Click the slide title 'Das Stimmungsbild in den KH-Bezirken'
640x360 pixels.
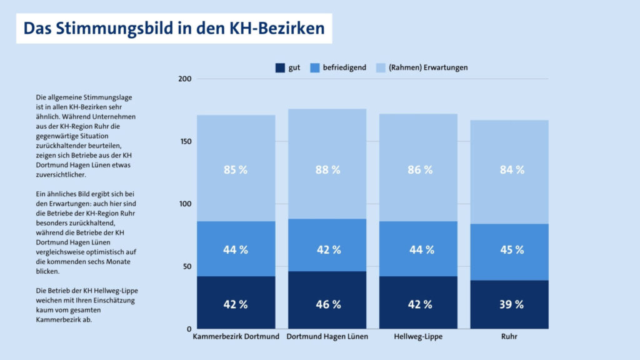174,29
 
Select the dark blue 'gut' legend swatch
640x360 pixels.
279,67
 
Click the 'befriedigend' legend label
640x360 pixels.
344,67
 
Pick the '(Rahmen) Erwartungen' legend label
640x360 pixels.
428,67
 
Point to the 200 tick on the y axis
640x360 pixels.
184,79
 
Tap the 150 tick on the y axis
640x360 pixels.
184,141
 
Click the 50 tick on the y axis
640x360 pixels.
186,267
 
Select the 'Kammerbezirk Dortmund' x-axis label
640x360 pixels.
236,337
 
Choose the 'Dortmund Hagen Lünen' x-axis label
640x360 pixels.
327,337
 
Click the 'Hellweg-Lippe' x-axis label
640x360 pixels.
418,337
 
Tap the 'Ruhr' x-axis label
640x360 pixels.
509,337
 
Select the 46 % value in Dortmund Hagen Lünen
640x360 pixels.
327,304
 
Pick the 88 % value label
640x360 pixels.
327,169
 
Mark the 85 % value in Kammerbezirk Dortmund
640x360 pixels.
236,169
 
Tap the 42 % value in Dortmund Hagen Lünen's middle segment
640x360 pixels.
327,249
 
